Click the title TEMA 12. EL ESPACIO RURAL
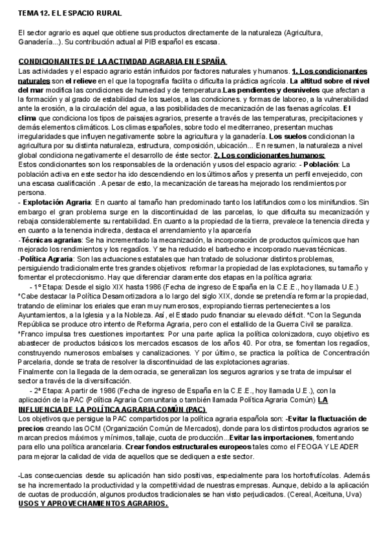[x=70, y=13]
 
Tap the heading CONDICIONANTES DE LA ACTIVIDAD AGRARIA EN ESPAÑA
[x=121, y=61]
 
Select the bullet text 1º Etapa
[x=47, y=287]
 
